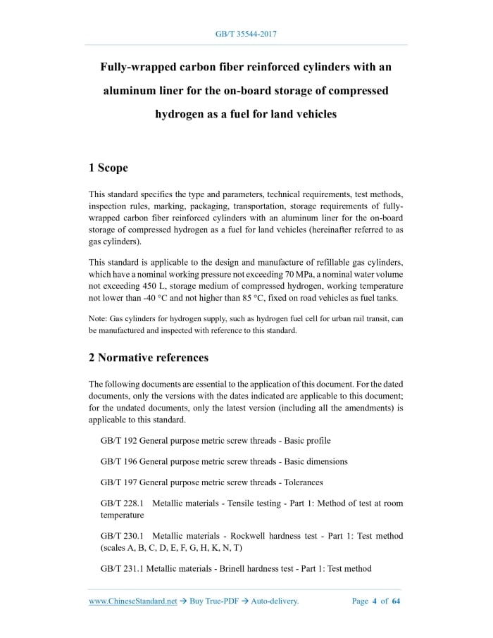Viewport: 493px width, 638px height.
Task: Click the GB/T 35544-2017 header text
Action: pyautogui.click(x=246, y=33)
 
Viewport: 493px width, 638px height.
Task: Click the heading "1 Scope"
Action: pyautogui.click(x=108, y=168)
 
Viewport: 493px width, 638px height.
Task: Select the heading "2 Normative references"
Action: pyautogui.click(x=149, y=357)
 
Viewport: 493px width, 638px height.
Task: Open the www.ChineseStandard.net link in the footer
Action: pyautogui.click(x=132, y=601)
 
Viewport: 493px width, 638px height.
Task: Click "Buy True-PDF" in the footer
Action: pyautogui.click(x=215, y=601)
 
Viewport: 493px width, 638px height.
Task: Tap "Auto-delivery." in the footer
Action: pyautogui.click(x=275, y=601)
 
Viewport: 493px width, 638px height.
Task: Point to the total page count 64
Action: pyautogui.click(x=396, y=601)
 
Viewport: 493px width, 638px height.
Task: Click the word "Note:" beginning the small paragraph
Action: pyautogui.click(x=98, y=319)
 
